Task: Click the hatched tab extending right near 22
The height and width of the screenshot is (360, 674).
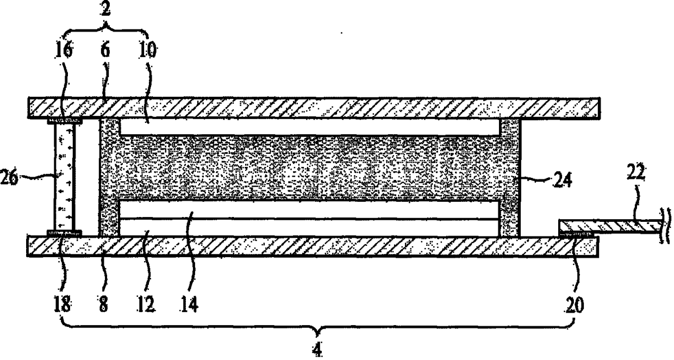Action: (609, 226)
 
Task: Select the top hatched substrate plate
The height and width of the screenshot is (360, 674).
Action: (314, 107)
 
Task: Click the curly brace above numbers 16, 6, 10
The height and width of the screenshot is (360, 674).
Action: (107, 28)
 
